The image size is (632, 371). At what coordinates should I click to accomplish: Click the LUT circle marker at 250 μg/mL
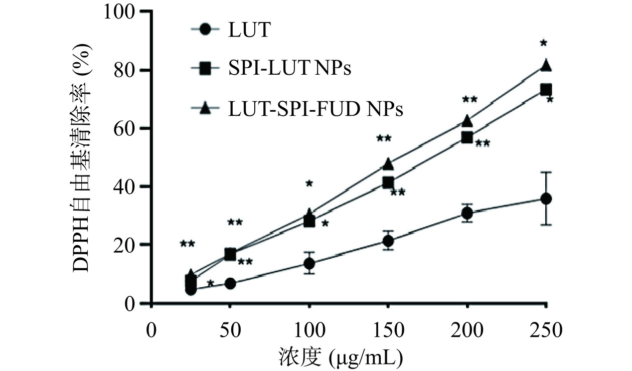(546, 199)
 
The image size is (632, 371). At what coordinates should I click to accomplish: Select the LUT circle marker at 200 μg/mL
(467, 213)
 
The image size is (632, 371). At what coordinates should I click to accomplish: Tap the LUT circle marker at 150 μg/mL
(388, 241)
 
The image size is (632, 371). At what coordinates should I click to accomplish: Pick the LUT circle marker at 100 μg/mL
(309, 263)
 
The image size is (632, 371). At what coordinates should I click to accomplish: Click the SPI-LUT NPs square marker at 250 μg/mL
(546, 90)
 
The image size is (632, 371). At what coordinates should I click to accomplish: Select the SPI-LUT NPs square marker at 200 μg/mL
(467, 137)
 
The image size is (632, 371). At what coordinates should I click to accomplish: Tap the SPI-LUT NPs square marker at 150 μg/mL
(388, 182)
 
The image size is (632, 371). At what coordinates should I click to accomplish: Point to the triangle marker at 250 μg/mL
(546, 66)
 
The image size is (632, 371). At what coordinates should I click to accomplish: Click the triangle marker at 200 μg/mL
(467, 121)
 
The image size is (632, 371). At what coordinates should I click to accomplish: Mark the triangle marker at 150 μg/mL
(388, 163)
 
